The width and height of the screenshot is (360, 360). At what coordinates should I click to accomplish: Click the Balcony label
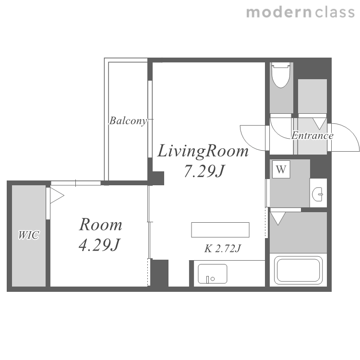(128, 121)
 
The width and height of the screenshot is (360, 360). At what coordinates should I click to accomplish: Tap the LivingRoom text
(203, 151)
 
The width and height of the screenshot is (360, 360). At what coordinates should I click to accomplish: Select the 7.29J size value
(204, 171)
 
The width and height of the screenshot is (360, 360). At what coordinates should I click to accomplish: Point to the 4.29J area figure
(99, 244)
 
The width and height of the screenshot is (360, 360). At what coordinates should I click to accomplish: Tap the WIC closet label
(29, 235)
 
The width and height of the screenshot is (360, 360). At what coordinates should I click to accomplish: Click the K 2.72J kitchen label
(222, 249)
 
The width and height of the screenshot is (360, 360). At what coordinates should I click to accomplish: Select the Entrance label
(312, 135)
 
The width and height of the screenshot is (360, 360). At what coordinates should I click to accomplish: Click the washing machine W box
(281, 169)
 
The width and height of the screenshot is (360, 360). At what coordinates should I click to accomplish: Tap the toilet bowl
(280, 75)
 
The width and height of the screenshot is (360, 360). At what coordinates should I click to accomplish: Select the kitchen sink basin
(213, 274)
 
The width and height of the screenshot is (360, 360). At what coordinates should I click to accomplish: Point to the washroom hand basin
(318, 194)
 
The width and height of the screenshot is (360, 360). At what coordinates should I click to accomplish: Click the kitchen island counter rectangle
(220, 230)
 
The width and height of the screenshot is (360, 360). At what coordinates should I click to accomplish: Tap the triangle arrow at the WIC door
(57, 196)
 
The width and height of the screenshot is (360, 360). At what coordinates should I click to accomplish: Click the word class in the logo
(335, 12)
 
